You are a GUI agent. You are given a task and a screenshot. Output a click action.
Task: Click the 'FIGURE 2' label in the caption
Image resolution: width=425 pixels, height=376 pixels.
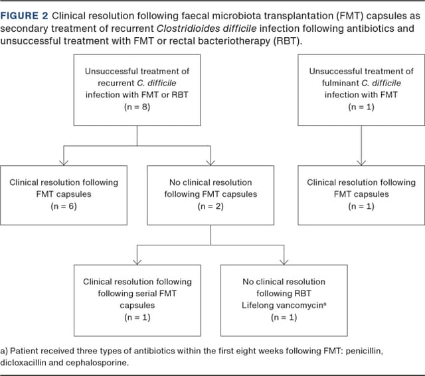pyautogui.click(x=24, y=15)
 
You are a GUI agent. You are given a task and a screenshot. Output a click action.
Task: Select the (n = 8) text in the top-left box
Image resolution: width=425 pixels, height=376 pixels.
pyautogui.click(x=137, y=107)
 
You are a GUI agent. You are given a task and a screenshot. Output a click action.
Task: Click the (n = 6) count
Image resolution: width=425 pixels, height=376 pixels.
pyautogui.click(x=64, y=206)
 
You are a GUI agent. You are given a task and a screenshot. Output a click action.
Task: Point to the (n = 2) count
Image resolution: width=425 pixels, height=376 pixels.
pyautogui.click(x=211, y=206)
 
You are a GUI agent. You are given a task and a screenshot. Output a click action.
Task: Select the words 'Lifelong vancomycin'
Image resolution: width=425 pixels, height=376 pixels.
pyautogui.click(x=282, y=306)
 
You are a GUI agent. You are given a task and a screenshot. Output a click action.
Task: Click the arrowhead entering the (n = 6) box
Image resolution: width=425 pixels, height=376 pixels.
pyautogui.click(x=64, y=161)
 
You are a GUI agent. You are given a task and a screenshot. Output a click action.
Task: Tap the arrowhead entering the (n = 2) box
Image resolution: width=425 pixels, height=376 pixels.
pyautogui.click(x=211, y=161)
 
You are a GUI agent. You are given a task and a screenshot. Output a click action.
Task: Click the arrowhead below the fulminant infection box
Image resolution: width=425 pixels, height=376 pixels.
pyautogui.click(x=361, y=161)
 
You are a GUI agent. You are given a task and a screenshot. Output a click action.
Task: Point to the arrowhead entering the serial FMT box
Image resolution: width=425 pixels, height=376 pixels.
pyautogui.click(x=137, y=261)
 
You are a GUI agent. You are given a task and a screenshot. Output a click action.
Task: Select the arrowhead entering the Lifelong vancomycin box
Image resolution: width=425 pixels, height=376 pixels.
pyautogui.click(x=284, y=261)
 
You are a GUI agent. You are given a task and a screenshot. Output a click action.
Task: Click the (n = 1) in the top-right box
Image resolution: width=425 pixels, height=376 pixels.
pyautogui.click(x=361, y=107)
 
